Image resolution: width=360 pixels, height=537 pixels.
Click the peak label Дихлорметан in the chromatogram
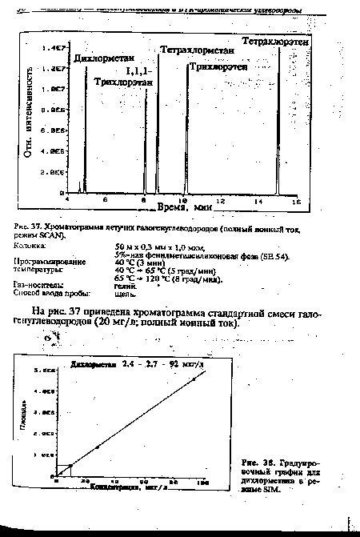pyautogui.click(x=103, y=58)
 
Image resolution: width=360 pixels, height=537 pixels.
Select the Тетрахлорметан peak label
pyautogui.click(x=197, y=50)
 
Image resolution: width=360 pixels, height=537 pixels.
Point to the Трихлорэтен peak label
pyautogui.click(x=218, y=67)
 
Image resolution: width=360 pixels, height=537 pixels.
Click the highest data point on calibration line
pyautogui.click(x=194, y=379)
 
